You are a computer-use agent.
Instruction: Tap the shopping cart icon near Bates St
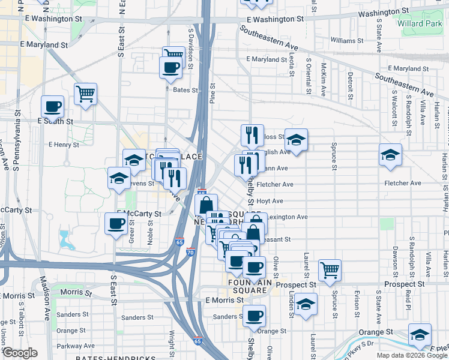(86, 94)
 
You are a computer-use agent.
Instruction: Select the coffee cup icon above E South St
(52, 107)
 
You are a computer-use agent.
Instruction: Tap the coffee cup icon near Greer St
(116, 224)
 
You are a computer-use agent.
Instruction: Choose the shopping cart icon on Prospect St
(330, 270)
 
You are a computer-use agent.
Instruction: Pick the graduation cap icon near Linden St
(306, 304)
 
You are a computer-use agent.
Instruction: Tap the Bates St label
(185, 90)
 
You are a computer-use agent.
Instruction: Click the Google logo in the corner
(20, 353)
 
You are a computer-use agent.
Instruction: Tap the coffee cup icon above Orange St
(254, 315)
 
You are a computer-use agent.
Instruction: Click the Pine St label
(212, 94)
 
